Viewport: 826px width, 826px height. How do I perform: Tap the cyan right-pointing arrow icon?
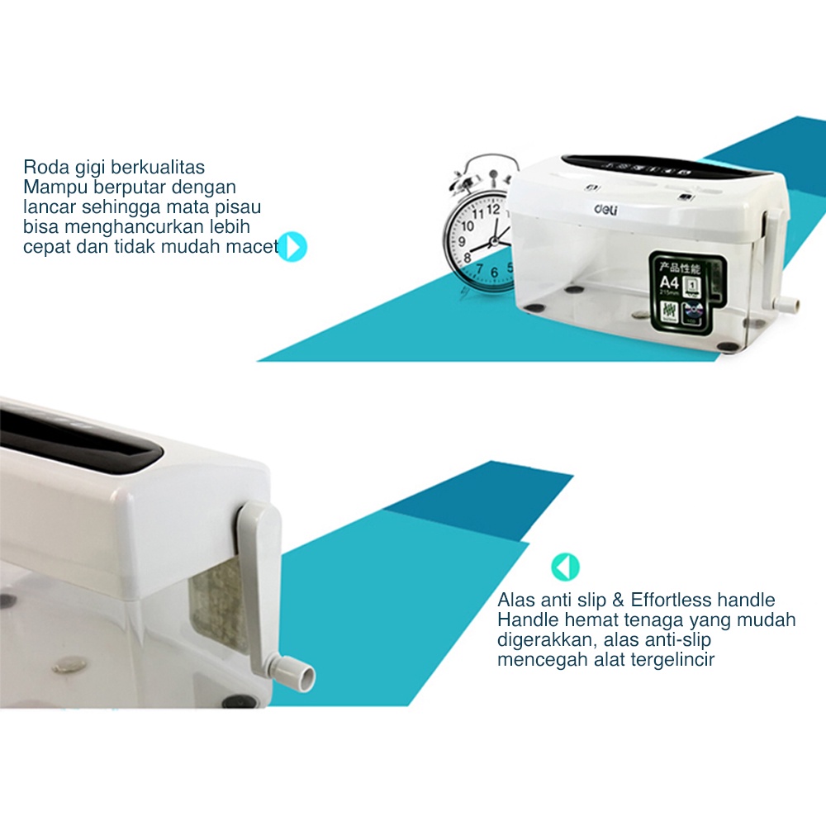tap(292, 247)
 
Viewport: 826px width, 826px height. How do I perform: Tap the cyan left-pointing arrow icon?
tap(566, 567)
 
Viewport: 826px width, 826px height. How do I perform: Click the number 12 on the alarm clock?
tap(493, 209)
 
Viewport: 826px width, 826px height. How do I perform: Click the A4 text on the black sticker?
tap(668, 284)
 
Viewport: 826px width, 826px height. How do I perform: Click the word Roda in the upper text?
tap(43, 168)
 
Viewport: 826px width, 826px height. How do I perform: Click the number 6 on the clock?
tap(495, 273)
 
